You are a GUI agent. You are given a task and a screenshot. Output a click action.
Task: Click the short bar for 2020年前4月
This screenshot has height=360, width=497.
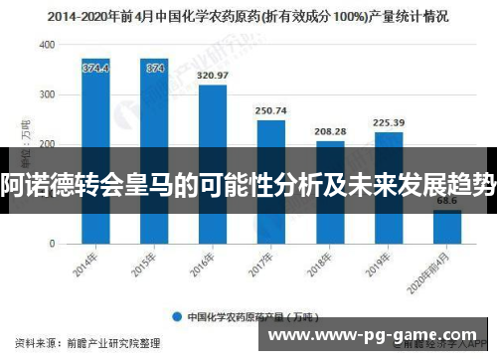[446, 226]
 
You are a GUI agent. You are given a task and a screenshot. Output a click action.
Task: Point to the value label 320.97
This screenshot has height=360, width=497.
[213, 76]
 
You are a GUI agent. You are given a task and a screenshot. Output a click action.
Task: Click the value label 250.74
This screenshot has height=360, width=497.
[271, 110]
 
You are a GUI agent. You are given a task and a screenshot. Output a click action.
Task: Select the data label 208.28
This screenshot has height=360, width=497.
[330, 131]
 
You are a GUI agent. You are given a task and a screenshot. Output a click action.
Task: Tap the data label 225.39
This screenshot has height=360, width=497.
[389, 123]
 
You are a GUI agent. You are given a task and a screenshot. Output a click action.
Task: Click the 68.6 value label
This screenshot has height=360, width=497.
[446, 201]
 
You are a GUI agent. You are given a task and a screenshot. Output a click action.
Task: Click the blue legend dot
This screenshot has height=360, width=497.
[176, 317]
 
